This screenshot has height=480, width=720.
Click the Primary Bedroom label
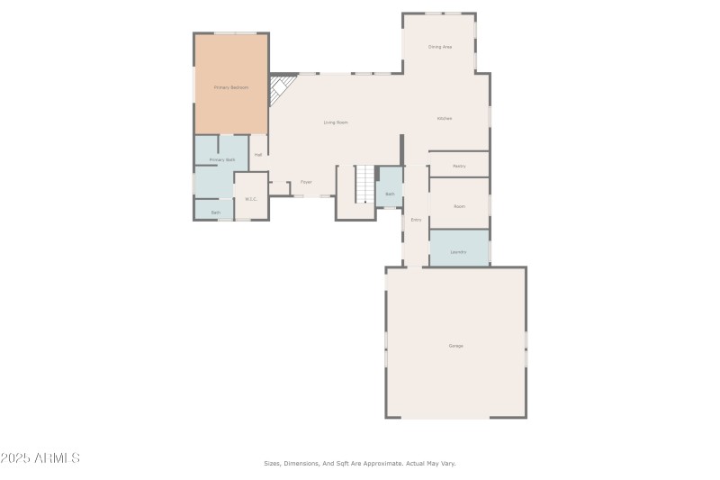(x=231, y=87)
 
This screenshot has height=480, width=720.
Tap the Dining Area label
(x=440, y=46)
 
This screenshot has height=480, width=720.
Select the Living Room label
(x=336, y=122)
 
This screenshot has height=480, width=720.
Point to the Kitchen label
(x=445, y=119)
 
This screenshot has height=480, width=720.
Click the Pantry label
(x=459, y=166)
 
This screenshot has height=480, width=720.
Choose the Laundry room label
(x=459, y=252)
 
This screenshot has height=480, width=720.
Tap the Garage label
(x=456, y=346)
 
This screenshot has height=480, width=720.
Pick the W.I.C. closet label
(x=251, y=199)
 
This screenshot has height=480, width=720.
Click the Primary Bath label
(x=222, y=159)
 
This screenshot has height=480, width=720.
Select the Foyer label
(x=306, y=182)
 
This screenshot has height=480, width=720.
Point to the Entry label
(x=416, y=220)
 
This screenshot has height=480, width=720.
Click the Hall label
(x=258, y=155)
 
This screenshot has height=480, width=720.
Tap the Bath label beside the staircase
(x=390, y=194)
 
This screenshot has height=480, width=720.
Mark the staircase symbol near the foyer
(x=364, y=184)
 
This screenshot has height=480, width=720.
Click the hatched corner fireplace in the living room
(x=283, y=87)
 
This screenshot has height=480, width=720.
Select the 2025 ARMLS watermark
(x=40, y=458)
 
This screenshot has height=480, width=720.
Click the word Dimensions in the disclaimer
(x=301, y=463)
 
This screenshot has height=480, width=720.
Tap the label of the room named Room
(x=459, y=206)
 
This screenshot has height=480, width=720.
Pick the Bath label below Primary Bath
(x=216, y=213)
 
